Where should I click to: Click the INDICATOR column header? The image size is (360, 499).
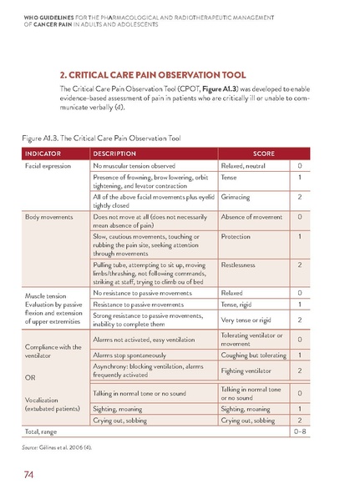[x=43, y=154]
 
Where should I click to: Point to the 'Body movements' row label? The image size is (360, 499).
[x=43, y=217]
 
